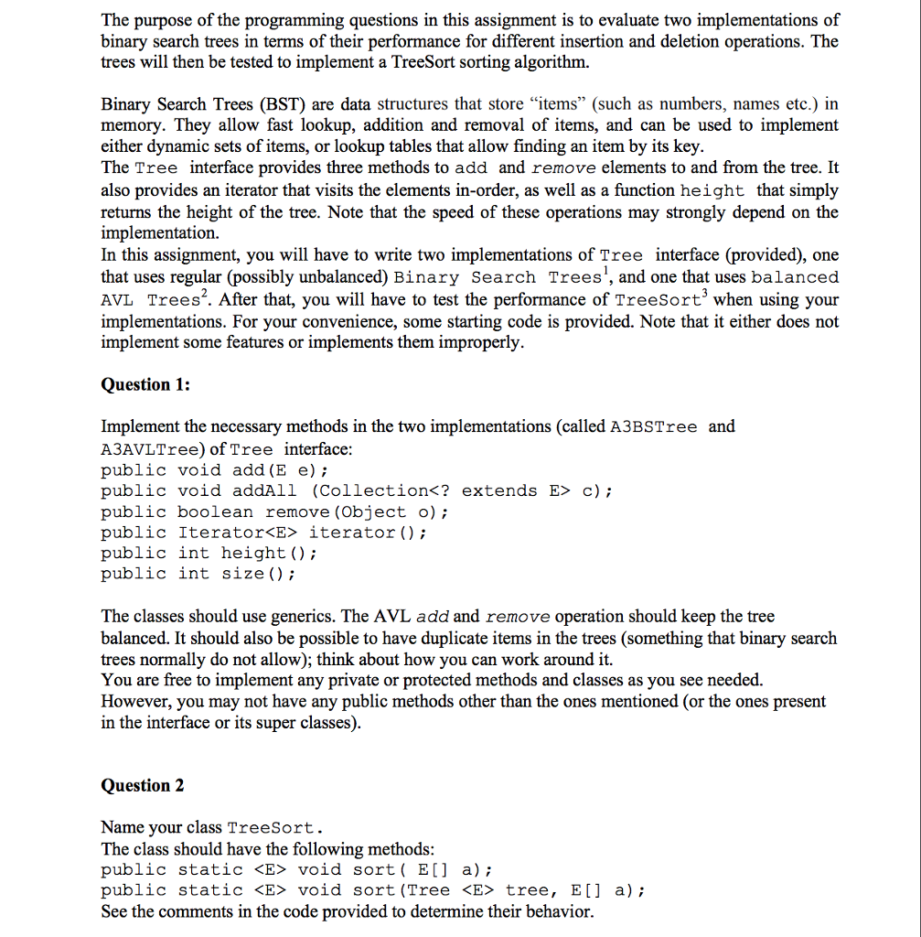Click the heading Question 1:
coord(145,385)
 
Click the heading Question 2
coord(143,786)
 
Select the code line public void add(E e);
coord(214,470)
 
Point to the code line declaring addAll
coord(356,491)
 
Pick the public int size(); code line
coord(198,574)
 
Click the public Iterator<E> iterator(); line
coord(263,533)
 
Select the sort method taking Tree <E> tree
coord(373,890)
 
